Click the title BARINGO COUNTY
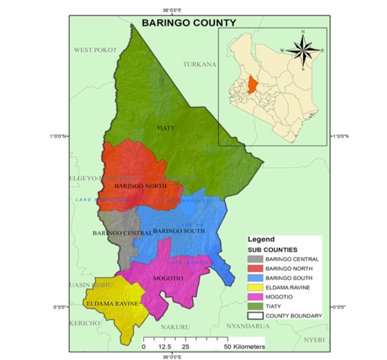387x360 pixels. [189, 23]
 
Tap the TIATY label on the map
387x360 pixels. [165, 128]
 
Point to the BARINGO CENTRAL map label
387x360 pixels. [122, 233]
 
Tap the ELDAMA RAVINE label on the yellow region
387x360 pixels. [112, 303]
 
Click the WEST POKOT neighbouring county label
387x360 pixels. [96, 50]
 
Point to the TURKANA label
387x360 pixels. [199, 64]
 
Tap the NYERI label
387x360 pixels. [313, 339]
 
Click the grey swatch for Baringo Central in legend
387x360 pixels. [255, 259]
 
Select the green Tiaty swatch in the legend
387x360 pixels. [255, 307]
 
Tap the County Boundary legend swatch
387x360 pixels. [255, 317]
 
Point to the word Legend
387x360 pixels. [261, 239]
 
